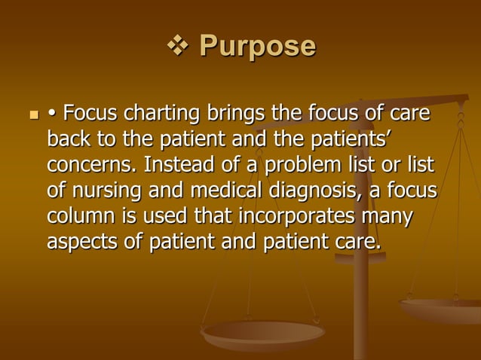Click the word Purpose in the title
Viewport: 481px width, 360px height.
coord(257,47)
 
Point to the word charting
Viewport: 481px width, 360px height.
coord(160,115)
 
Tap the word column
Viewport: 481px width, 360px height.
coord(84,216)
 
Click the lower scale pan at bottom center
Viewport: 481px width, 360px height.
coord(263,331)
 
